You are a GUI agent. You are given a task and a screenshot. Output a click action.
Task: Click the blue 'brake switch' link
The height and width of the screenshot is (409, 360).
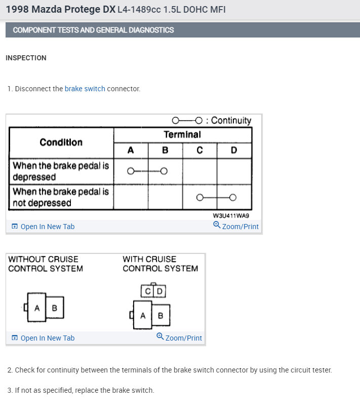(85, 89)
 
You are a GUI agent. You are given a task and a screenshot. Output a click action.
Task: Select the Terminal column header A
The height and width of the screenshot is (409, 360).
(131, 150)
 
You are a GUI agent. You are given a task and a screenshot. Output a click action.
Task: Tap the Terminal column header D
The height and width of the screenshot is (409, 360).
(234, 150)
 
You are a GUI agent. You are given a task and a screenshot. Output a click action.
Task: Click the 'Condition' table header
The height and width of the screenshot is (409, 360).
(61, 142)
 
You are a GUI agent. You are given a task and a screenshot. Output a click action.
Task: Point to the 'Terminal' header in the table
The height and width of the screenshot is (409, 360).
(182, 134)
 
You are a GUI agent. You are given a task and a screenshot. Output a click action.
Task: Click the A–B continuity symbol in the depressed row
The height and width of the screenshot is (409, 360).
(147, 171)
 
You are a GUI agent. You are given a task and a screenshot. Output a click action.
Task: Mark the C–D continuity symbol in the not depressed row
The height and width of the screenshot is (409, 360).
(217, 197)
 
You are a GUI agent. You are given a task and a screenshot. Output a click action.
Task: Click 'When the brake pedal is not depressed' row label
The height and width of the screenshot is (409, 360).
(61, 197)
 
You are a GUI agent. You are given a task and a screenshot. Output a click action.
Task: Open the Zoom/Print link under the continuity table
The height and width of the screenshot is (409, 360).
(236, 226)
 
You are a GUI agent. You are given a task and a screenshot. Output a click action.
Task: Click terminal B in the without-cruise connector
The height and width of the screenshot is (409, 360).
(55, 308)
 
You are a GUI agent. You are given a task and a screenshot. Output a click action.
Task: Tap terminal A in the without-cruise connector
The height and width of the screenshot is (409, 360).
(37, 308)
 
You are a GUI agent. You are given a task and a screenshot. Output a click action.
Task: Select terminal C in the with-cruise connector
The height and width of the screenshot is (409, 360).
(147, 291)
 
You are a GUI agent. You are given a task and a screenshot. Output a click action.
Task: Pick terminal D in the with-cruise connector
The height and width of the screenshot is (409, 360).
(159, 291)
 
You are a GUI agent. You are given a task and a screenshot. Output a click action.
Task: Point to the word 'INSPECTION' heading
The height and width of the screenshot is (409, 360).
(26, 58)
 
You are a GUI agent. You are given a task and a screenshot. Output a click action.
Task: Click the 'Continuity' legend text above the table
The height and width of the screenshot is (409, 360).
(231, 121)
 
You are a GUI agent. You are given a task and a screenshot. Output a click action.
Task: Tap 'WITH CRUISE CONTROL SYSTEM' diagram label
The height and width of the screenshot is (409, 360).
(160, 264)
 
